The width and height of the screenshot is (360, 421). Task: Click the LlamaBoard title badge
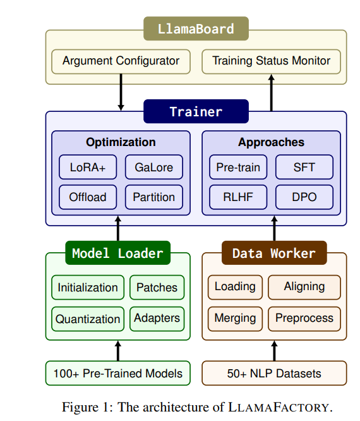point(196,28)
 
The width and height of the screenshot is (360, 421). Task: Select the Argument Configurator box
point(121,61)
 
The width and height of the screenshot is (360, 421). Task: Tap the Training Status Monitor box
point(271,61)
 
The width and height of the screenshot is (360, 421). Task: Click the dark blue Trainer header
point(196,111)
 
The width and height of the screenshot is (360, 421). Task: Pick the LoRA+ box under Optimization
point(88,167)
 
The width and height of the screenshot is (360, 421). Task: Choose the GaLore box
point(154,167)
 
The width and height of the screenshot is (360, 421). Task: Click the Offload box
point(88,197)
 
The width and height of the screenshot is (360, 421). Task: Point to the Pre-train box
point(238,167)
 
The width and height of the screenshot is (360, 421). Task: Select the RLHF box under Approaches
point(238,197)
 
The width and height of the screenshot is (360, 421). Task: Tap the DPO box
point(304,197)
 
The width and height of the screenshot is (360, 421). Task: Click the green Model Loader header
point(117,253)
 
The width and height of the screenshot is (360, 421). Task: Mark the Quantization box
point(88,319)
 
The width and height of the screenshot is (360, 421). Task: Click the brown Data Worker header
point(274,253)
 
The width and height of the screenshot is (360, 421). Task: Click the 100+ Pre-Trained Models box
point(117,373)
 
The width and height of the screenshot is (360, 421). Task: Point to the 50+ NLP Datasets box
point(274,373)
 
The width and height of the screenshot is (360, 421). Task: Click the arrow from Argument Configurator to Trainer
point(121,92)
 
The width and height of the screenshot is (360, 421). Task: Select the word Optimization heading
point(121,142)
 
